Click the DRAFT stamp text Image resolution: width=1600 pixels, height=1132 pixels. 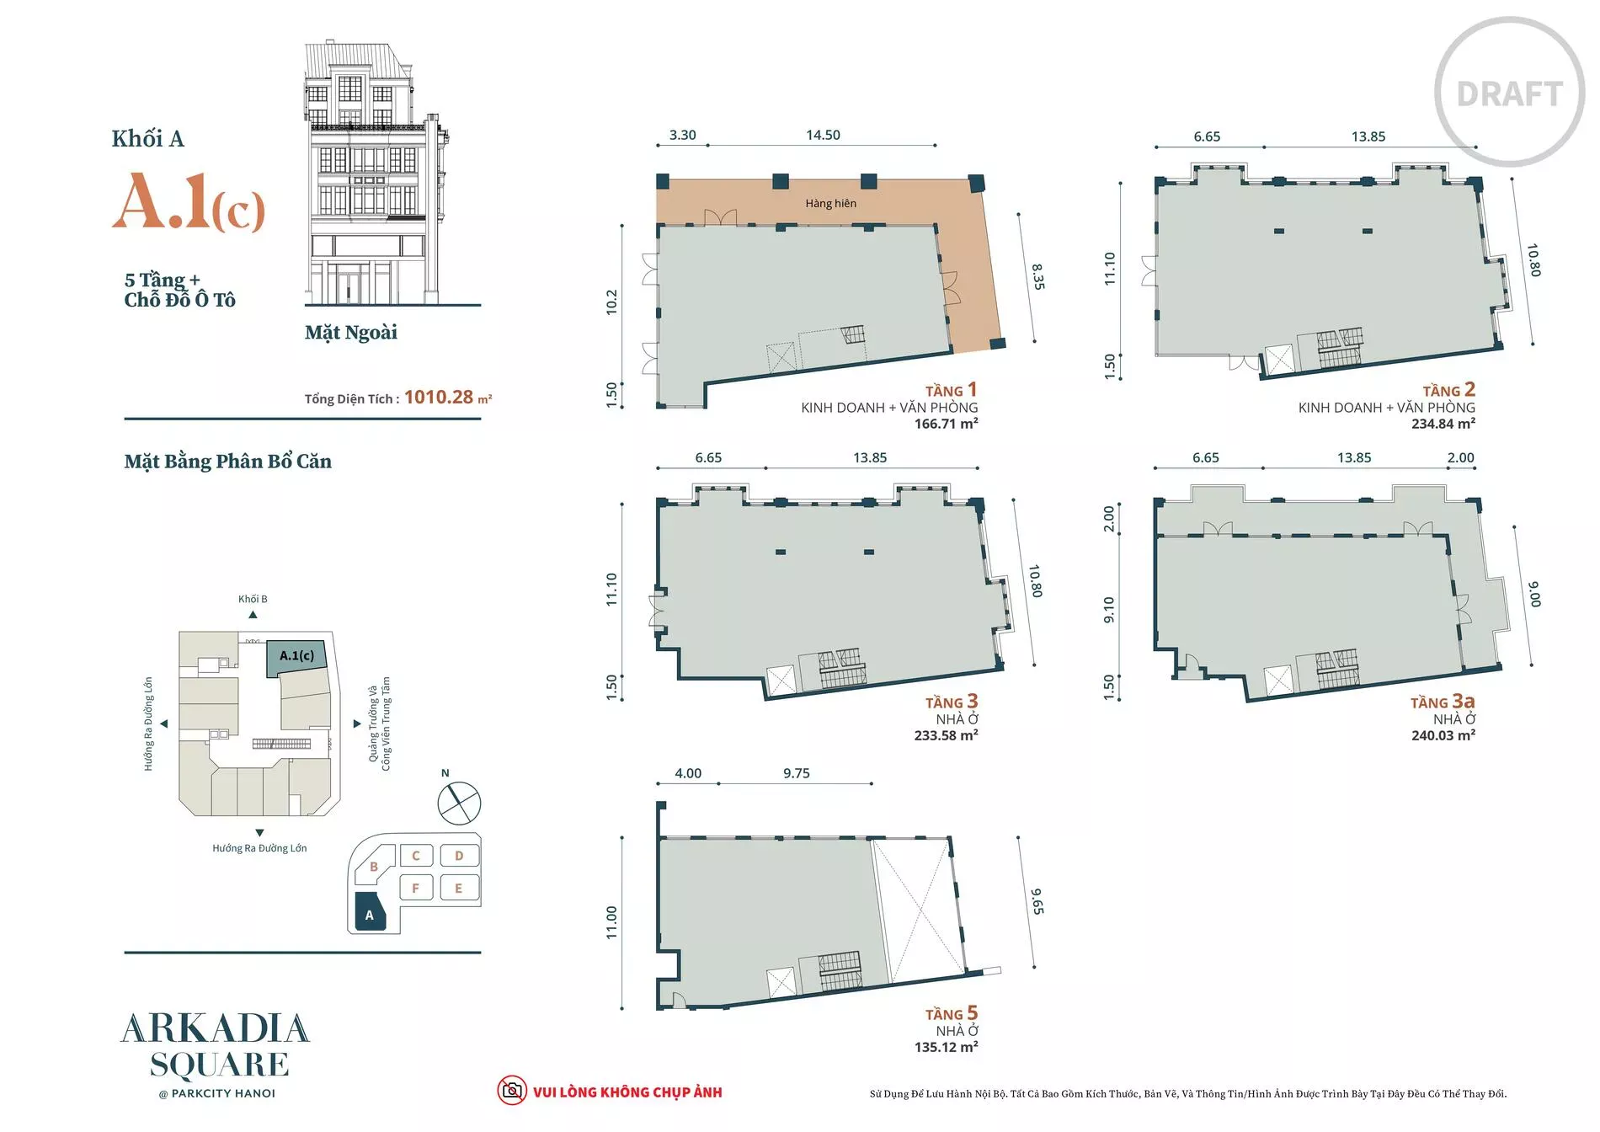point(1509,94)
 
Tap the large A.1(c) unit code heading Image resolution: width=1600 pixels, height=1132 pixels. point(189,201)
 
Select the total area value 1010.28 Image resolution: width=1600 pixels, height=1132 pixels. point(439,397)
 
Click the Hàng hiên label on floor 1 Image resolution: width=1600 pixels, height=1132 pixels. point(830,203)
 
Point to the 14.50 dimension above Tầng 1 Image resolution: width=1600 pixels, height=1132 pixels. point(823,135)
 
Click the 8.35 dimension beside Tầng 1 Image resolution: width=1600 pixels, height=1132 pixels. point(1037,277)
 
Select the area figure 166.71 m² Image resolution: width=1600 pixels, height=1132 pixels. point(946,424)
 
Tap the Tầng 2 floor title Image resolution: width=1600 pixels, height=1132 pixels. point(1448,389)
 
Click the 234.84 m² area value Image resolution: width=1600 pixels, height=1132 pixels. point(1443,424)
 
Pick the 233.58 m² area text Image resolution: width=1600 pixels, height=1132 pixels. point(946,735)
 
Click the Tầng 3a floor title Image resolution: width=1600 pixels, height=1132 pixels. point(1443,702)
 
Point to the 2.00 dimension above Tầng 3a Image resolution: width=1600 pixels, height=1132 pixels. point(1460,457)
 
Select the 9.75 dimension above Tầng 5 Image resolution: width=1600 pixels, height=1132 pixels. point(796,773)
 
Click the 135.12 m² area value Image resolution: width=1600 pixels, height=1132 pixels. point(946,1047)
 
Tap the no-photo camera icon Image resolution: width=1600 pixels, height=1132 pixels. point(511,1091)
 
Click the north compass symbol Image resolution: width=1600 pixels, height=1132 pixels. point(459,803)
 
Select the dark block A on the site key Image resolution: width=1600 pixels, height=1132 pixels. point(370,912)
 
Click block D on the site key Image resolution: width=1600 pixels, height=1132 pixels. point(459,856)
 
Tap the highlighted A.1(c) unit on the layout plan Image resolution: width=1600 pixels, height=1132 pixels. point(296,657)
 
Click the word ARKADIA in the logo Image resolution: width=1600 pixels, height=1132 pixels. point(216,1028)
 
